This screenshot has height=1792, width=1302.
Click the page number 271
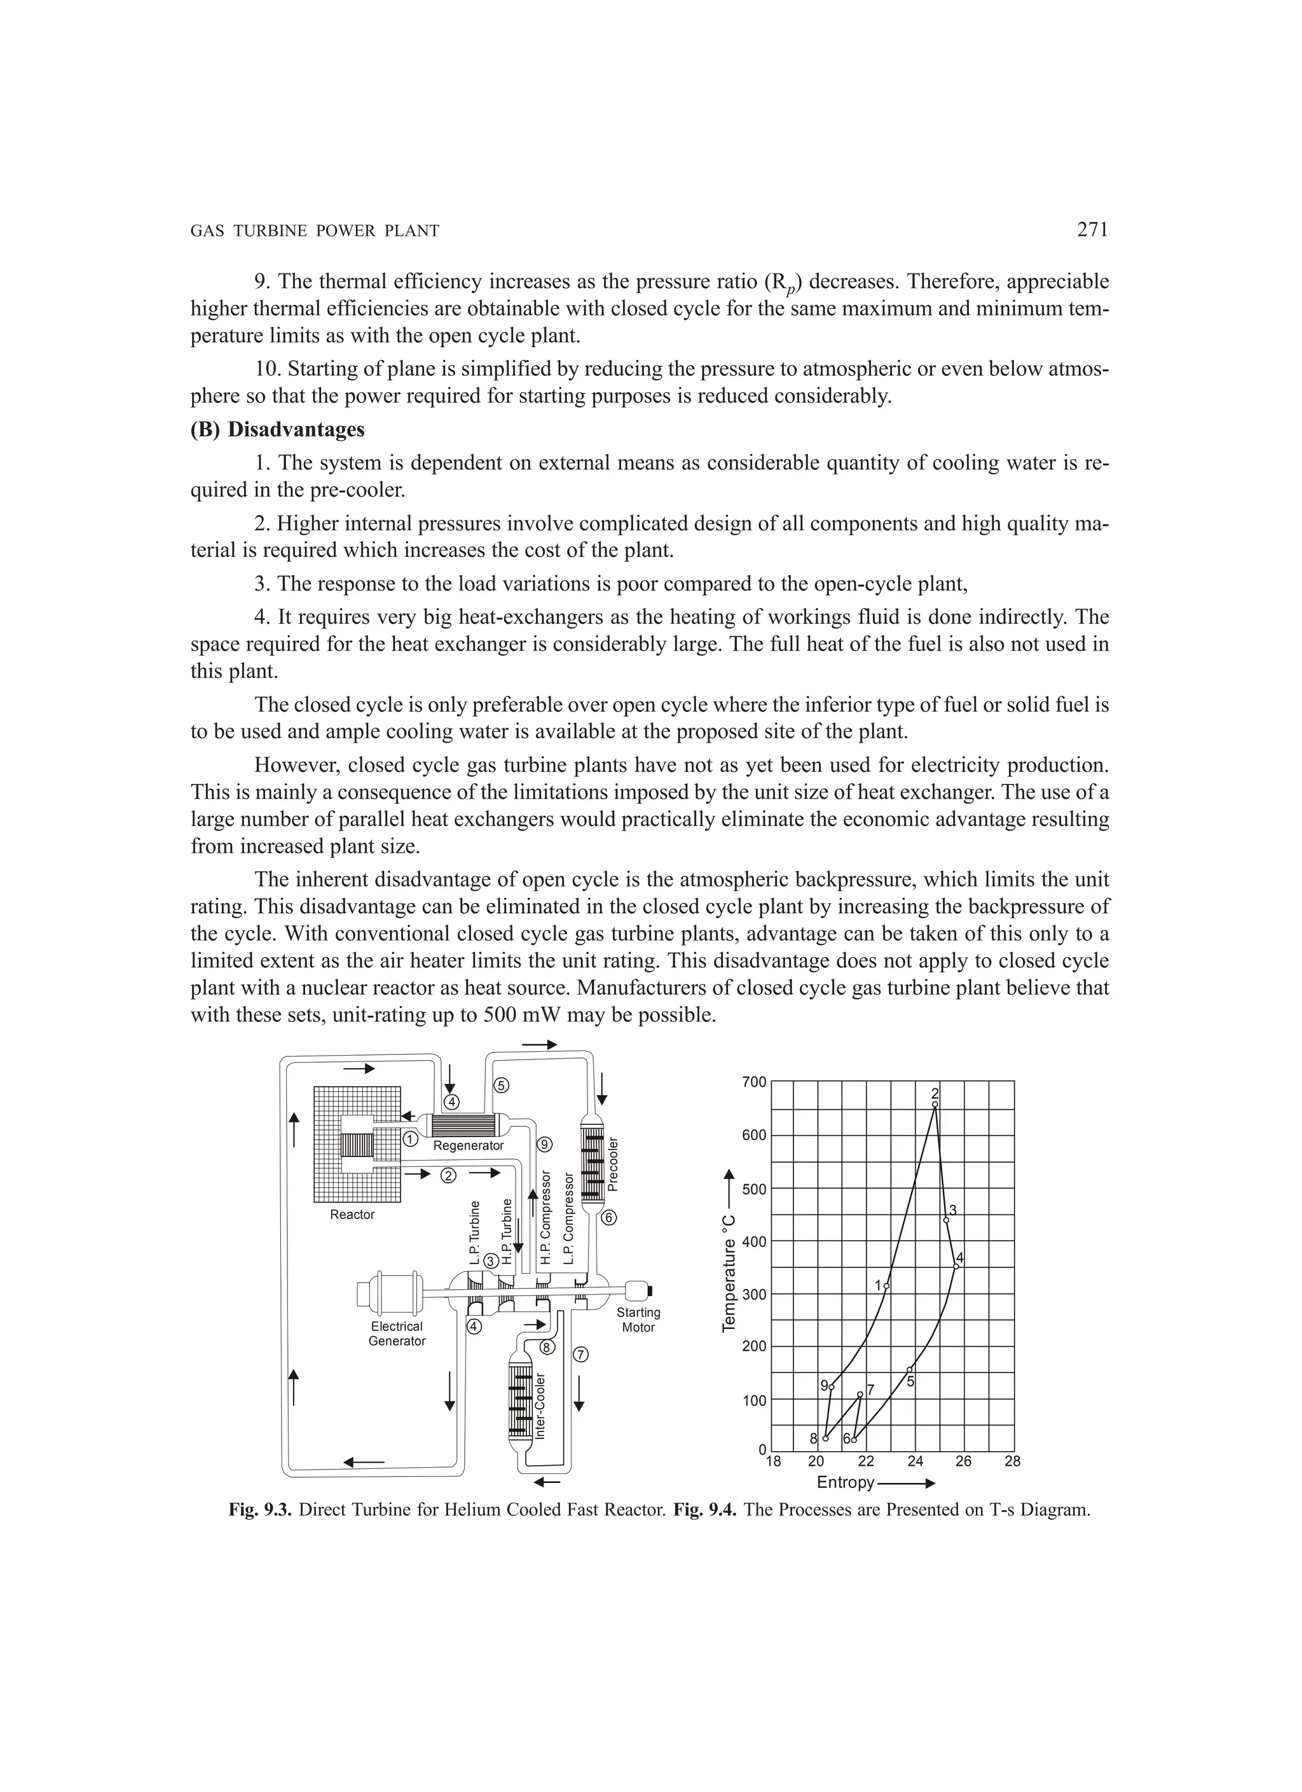click(1092, 230)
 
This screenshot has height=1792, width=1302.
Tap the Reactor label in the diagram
click(352, 1215)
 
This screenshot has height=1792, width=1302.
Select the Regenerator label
click(469, 1146)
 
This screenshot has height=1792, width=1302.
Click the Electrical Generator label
click(397, 1334)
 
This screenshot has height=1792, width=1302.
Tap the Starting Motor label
click(638, 1320)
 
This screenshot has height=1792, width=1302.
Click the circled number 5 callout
click(501, 1085)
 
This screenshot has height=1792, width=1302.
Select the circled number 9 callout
click(544, 1144)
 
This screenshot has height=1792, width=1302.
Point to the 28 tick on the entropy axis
click(1012, 1462)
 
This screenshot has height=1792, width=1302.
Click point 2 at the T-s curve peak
click(935, 1105)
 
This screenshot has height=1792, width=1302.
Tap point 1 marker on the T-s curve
click(886, 1286)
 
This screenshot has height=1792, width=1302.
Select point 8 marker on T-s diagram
click(826, 1439)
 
